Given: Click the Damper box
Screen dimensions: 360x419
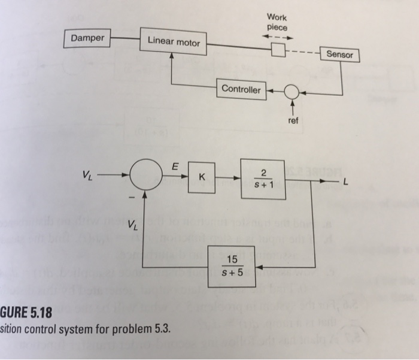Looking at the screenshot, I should tap(87, 38).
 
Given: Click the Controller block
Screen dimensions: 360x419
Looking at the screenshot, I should tap(241, 89).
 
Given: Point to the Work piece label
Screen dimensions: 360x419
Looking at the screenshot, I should tap(277, 22).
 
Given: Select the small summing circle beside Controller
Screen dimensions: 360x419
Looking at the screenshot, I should tap(292, 92).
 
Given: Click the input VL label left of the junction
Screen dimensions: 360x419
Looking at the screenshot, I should tap(88, 175).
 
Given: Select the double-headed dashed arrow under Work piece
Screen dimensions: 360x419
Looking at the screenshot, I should tap(278, 37).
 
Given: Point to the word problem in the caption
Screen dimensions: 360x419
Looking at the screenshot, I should tap(114, 328).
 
